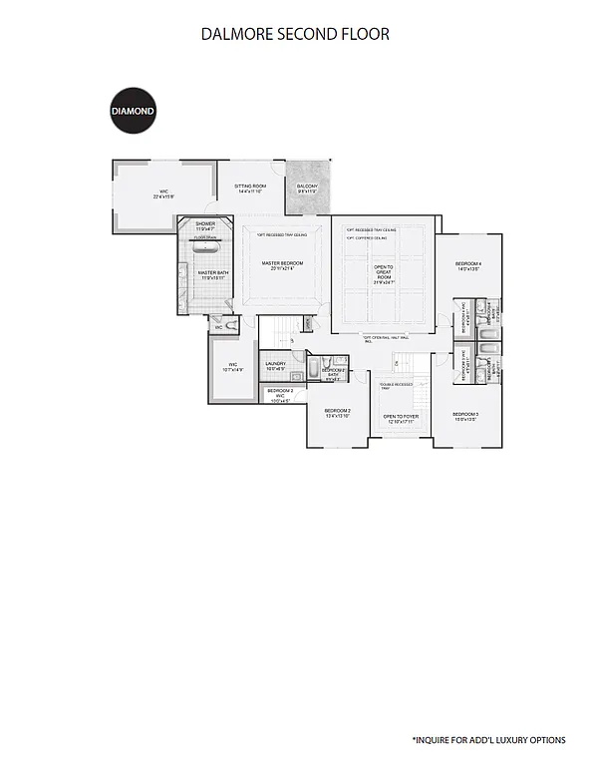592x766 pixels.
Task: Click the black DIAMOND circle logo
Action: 132,113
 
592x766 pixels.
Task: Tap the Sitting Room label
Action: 250,188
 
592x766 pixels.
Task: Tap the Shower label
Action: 205,225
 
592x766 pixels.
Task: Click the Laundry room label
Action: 276,366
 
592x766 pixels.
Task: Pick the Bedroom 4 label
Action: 468,266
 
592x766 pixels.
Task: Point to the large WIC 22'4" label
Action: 163,194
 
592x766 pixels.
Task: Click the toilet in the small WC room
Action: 232,325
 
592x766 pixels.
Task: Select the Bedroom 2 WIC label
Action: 280,393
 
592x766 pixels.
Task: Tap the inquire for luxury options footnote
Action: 488,740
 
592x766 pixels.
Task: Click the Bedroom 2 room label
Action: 337,412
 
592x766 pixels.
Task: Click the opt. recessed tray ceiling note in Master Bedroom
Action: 282,235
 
